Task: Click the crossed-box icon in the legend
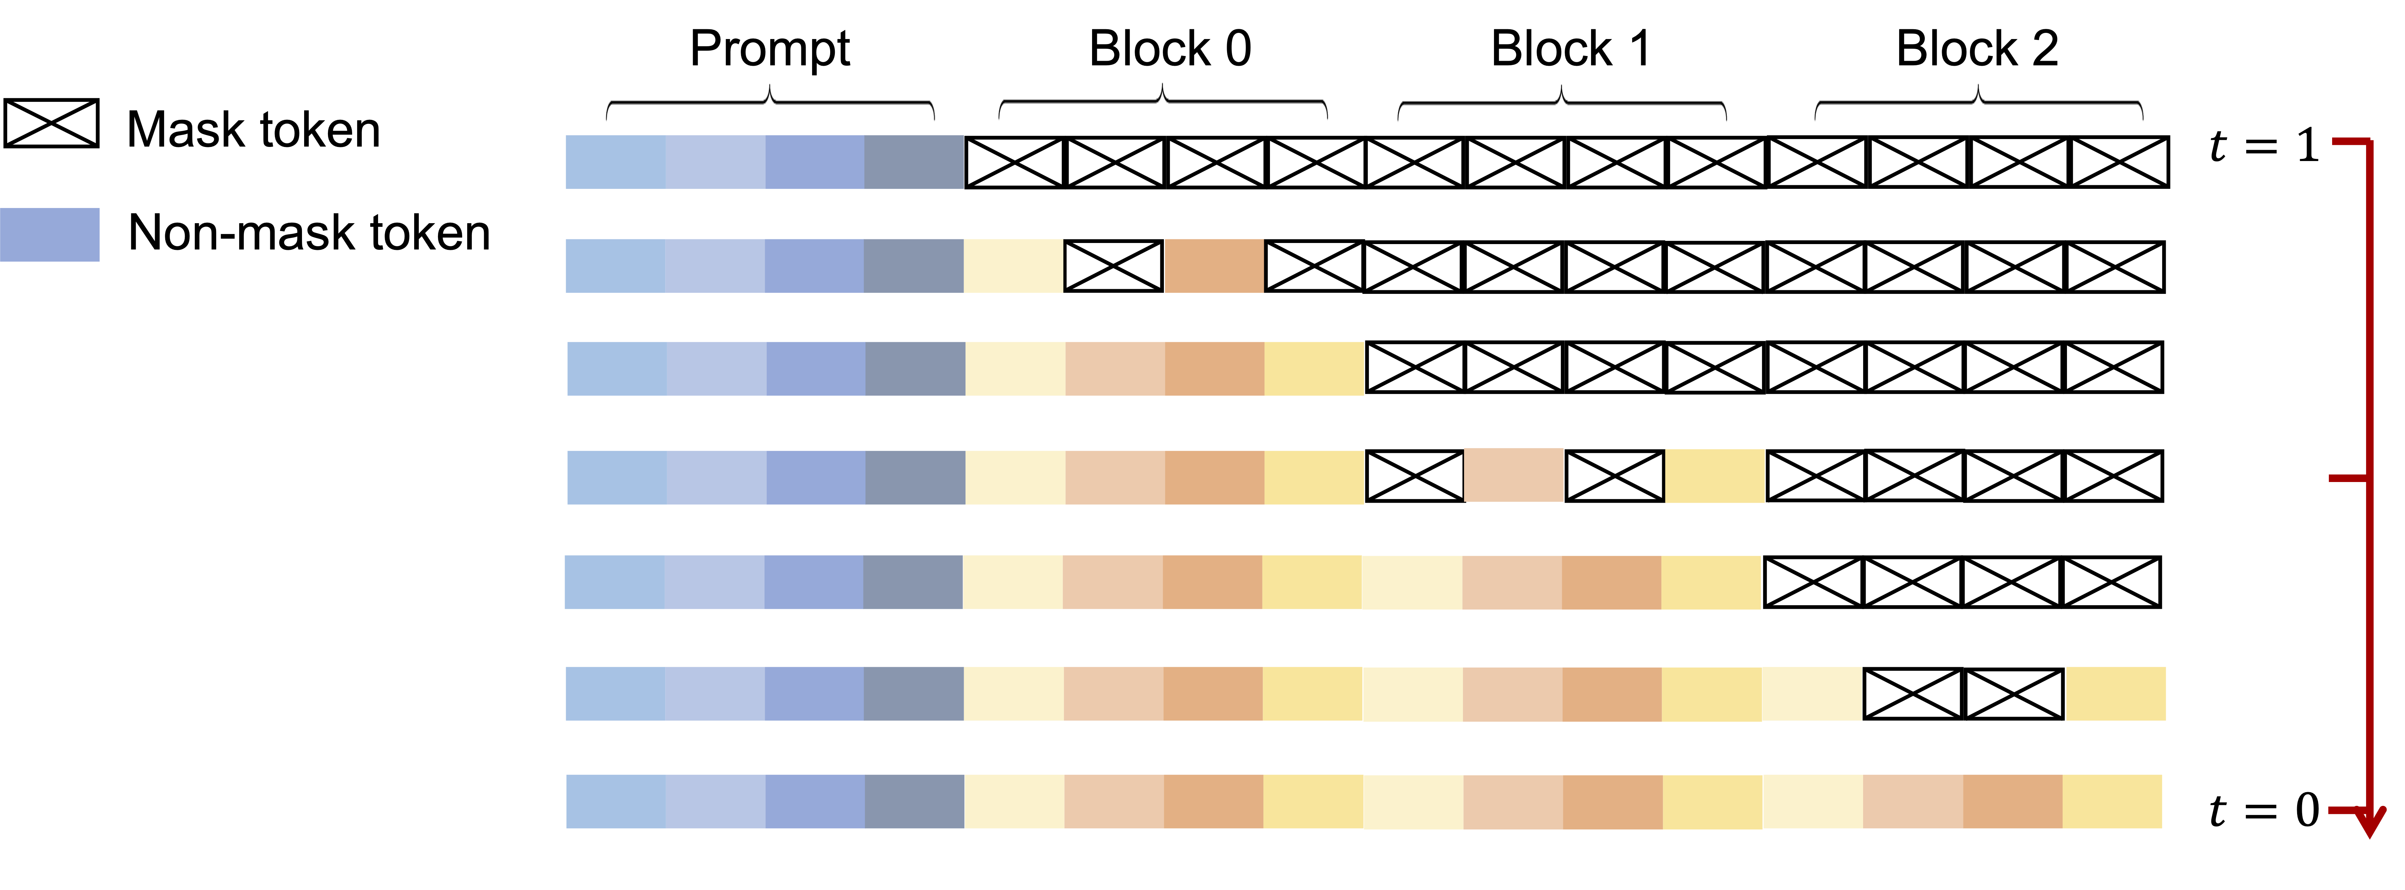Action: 51,123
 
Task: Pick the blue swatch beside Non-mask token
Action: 49,234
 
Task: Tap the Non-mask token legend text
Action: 309,233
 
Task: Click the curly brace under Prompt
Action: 770,103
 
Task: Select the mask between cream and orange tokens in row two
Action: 1114,266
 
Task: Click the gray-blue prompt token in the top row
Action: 914,161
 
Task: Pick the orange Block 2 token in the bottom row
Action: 2012,801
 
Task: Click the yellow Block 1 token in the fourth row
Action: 1714,476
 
